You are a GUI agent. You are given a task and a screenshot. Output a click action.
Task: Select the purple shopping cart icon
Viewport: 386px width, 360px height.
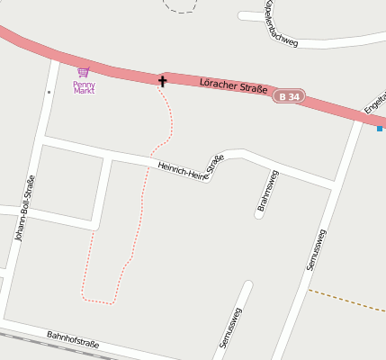tap(84, 72)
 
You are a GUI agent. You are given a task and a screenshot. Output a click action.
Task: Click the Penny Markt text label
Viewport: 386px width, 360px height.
tap(84, 87)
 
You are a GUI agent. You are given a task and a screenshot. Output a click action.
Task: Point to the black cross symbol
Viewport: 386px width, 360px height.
tap(163, 81)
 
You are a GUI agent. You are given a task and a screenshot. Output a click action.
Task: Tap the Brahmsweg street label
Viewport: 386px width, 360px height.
tap(268, 191)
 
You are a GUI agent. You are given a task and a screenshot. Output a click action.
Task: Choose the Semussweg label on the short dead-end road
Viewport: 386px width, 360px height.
tap(231, 328)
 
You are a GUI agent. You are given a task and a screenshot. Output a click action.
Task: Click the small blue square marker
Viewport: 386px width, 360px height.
tap(380, 129)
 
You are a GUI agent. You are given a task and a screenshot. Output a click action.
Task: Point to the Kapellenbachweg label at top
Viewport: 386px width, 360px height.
tap(280, 25)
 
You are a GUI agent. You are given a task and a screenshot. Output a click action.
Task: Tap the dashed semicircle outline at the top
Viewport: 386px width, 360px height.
tap(181, 8)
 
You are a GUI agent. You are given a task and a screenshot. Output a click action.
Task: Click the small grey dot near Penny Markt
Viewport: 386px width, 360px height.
tap(49, 91)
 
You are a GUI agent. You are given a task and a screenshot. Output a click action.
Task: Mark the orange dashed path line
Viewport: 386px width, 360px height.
tap(346, 299)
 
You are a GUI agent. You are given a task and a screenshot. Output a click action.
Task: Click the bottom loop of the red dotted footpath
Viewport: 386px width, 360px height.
tap(99, 299)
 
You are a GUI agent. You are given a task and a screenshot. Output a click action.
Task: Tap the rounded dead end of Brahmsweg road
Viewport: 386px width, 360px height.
tap(257, 214)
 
